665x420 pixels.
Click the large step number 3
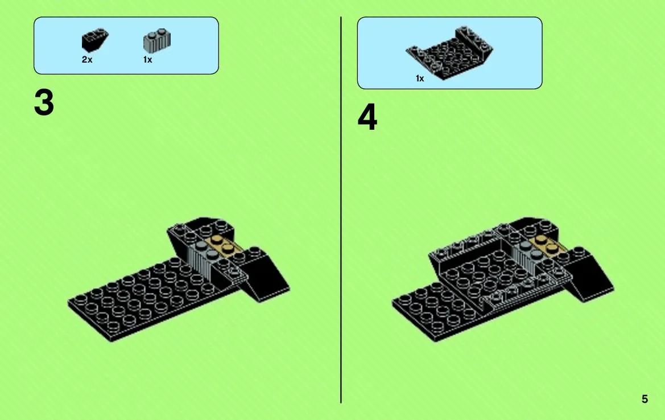point(44,102)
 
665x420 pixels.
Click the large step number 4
point(367,117)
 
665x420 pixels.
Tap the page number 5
point(645,399)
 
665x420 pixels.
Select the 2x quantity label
point(87,60)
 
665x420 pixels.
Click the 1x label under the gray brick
point(147,60)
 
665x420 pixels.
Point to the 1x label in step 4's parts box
point(420,79)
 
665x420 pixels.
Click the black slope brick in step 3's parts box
point(94,40)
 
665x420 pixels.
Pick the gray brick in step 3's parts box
point(157,41)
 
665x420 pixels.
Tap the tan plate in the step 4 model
point(547,246)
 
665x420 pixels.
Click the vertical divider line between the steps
point(341,210)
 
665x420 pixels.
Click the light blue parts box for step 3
point(126,46)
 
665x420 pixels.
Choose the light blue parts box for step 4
point(449,53)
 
